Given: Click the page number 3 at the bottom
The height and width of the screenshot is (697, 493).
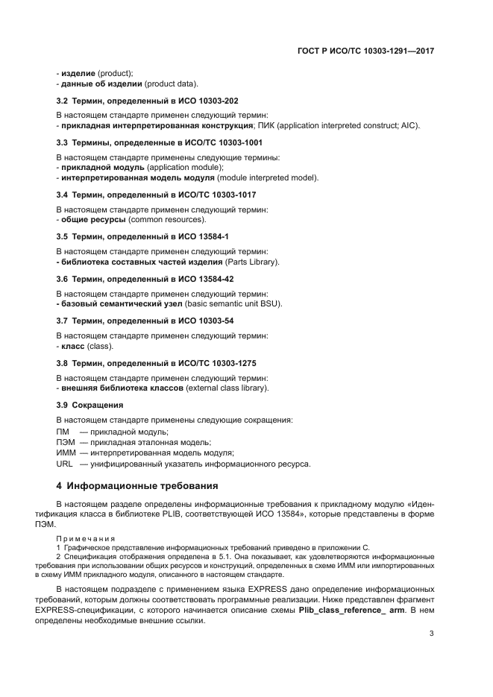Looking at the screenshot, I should [x=432, y=634].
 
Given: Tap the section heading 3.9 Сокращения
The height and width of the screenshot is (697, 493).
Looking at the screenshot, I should [x=90, y=405].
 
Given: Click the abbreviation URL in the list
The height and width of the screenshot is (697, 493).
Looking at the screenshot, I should [x=65, y=464].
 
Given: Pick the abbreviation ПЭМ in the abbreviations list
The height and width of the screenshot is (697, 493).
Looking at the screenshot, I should [x=66, y=442].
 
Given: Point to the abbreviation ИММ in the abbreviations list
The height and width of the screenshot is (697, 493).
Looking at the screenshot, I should [x=66, y=452].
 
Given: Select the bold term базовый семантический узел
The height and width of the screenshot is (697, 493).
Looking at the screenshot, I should [x=116, y=304].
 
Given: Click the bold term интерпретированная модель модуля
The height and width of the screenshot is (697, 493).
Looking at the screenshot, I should [x=138, y=178].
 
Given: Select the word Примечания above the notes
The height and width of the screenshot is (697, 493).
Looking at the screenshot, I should [x=84, y=537].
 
